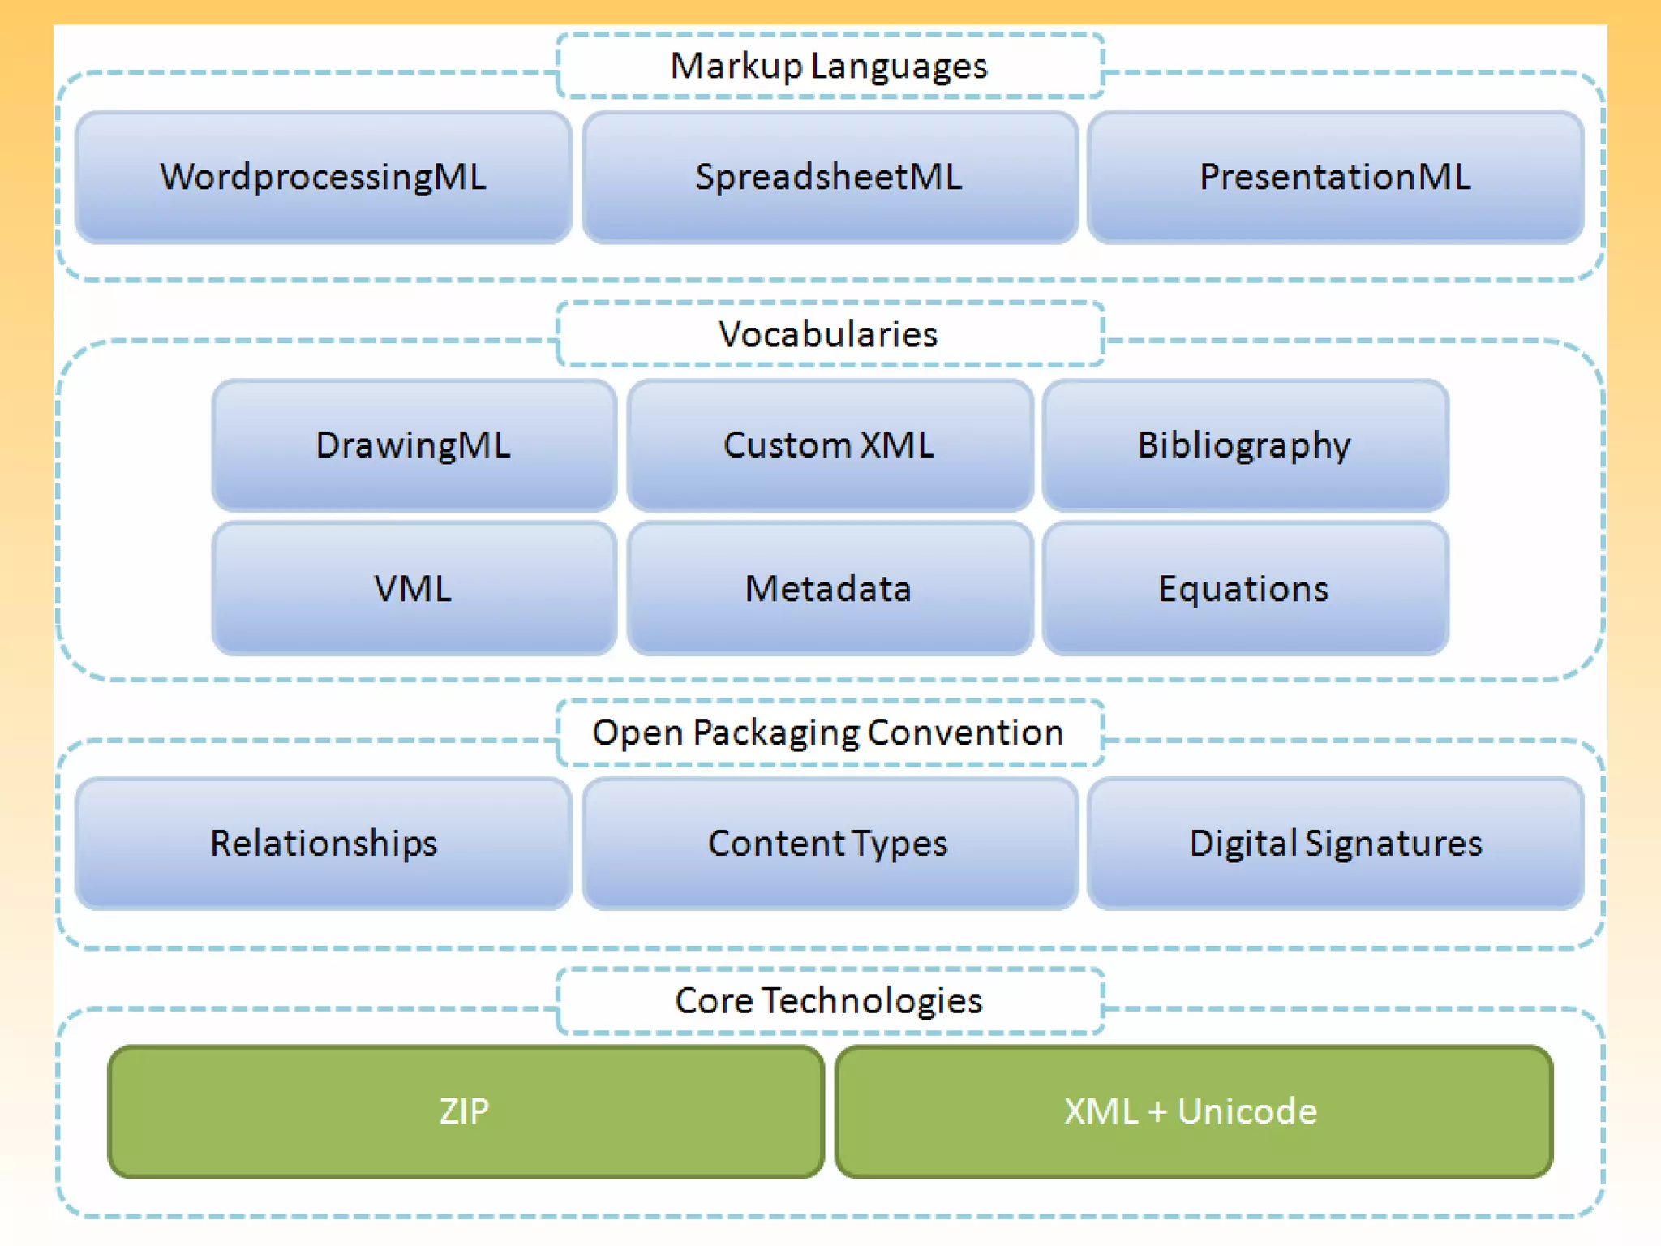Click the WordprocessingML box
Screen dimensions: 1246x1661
323,177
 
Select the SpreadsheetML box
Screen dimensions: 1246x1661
829,177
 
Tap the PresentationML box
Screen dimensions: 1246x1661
1335,177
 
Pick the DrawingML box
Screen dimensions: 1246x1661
414,445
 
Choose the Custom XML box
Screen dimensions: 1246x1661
829,445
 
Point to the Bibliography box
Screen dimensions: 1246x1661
1244,445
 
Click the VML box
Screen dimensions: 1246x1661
414,588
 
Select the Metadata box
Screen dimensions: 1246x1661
829,588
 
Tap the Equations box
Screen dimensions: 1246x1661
1244,588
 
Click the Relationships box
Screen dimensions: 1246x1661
323,843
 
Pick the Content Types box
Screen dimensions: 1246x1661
829,843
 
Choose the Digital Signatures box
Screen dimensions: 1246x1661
1335,843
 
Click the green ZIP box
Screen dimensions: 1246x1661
466,1111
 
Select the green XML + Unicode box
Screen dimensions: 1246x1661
1192,1111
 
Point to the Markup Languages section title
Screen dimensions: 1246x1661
829,67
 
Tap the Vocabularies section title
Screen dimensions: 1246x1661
829,334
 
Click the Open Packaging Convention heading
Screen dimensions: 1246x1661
829,733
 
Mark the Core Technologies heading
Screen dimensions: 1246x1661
829,1000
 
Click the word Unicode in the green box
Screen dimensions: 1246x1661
1247,1111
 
